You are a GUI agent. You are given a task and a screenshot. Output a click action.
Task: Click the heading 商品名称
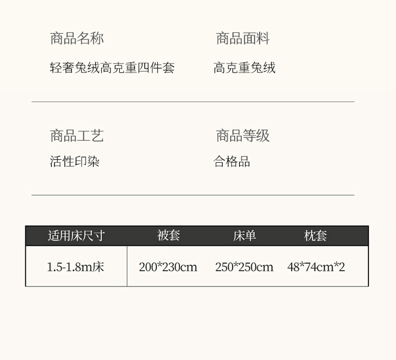click(x=77, y=39)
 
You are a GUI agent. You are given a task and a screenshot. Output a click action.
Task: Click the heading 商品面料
click(x=243, y=39)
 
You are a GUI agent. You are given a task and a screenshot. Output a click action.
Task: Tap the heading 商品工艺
click(x=77, y=135)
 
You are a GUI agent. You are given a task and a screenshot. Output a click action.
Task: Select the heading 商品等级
click(x=243, y=135)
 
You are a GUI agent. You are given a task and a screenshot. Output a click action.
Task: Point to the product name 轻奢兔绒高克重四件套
click(x=112, y=68)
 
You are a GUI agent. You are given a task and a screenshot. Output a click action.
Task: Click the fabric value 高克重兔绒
click(x=244, y=68)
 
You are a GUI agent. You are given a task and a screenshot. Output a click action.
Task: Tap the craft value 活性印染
click(x=74, y=161)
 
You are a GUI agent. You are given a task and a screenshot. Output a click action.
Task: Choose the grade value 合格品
click(x=232, y=161)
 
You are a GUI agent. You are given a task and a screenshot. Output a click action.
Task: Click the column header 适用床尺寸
click(x=76, y=236)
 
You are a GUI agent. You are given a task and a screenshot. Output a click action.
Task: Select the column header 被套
click(x=168, y=235)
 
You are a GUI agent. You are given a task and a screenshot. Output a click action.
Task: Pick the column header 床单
click(x=244, y=236)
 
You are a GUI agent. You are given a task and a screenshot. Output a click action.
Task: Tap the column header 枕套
click(x=315, y=236)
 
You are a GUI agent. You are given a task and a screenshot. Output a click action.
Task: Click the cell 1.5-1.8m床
click(x=76, y=267)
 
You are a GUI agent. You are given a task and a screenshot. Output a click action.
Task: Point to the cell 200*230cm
click(x=168, y=267)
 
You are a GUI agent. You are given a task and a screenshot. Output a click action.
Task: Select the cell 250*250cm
click(x=244, y=267)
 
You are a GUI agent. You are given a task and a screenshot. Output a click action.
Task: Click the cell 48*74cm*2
click(x=316, y=267)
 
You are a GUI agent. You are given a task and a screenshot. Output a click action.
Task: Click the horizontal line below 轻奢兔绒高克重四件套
click(x=193, y=102)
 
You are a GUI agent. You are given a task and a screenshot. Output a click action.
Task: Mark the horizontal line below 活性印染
click(x=193, y=195)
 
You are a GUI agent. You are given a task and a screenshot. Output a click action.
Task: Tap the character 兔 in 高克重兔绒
click(x=257, y=68)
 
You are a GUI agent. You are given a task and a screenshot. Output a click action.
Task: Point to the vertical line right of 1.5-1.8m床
click(x=127, y=266)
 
